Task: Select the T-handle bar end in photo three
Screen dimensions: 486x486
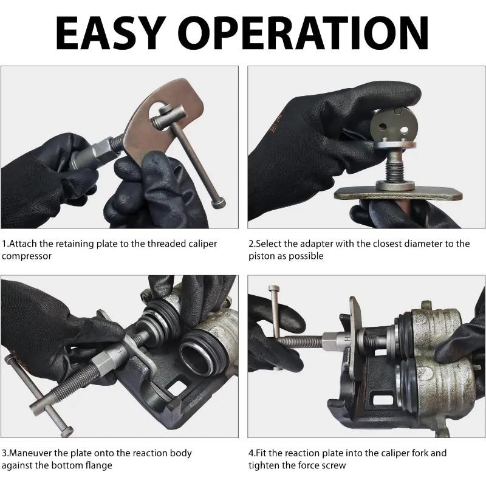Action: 66,431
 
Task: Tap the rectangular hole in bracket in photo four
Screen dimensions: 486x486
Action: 382,401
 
